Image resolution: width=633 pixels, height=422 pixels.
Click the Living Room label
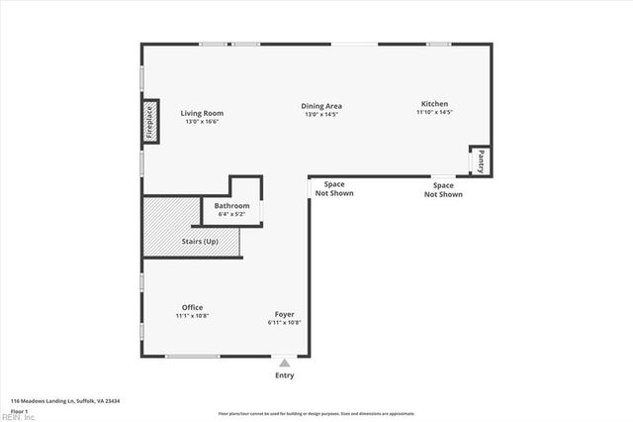click(x=201, y=113)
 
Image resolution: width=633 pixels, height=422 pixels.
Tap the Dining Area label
click(x=321, y=106)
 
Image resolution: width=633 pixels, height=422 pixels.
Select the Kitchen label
click(x=434, y=104)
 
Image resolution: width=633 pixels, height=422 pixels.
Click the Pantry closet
click(x=481, y=160)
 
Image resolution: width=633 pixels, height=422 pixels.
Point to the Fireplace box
click(x=150, y=122)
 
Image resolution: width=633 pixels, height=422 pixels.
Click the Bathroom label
click(x=232, y=206)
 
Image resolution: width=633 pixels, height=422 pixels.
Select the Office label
click(x=192, y=307)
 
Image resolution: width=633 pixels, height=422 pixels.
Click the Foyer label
click(x=285, y=315)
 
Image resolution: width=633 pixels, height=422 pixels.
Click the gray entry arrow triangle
click(x=285, y=363)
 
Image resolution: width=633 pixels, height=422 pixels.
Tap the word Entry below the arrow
click(x=285, y=376)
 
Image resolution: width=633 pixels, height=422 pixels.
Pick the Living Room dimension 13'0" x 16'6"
click(x=201, y=122)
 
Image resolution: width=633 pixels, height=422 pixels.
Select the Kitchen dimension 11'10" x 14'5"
click(x=434, y=113)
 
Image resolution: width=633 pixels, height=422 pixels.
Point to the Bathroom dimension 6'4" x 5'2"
click(x=232, y=214)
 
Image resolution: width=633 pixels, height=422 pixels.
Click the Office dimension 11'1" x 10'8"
click(x=192, y=316)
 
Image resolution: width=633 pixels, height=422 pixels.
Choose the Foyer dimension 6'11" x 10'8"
click(x=285, y=323)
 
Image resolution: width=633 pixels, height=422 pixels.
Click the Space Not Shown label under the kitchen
click(x=443, y=189)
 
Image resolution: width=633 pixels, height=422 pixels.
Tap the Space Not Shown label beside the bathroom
click(x=334, y=188)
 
